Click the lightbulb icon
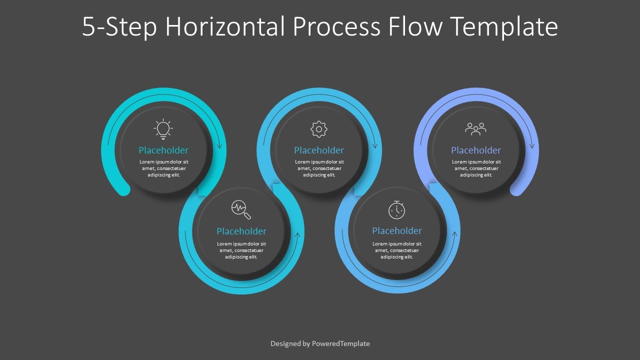(163, 129)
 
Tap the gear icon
(318, 129)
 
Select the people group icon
(475, 129)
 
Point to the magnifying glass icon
(241, 209)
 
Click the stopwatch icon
(396, 210)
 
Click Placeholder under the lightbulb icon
(163, 150)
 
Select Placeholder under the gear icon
(319, 150)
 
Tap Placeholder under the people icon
(476, 150)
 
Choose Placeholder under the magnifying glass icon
(241, 231)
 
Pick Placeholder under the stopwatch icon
(397, 230)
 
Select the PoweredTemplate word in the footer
(340, 343)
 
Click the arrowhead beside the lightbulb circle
(219, 145)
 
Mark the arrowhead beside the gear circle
(374, 145)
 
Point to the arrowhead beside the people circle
(531, 145)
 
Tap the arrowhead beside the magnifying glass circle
(298, 235)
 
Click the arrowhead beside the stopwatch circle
(454, 235)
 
